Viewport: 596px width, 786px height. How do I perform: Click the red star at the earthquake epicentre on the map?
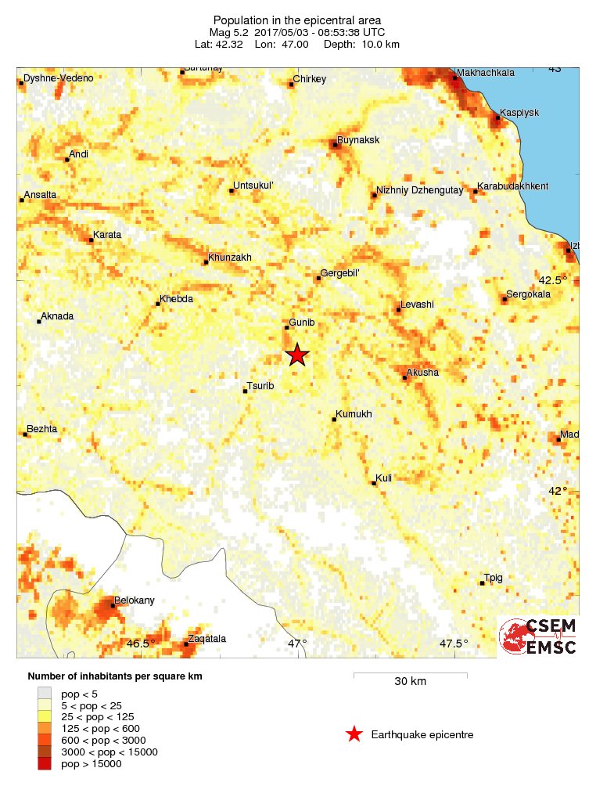pos(297,355)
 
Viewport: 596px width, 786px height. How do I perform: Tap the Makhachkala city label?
pos(486,73)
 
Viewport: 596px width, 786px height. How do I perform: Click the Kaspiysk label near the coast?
pos(519,113)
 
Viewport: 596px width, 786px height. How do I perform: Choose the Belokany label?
pos(135,600)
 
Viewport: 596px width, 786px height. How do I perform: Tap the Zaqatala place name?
pos(206,639)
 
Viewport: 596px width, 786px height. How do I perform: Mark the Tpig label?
pos(494,578)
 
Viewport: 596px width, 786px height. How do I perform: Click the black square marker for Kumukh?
pos(335,420)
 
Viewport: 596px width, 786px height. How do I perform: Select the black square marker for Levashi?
pos(399,309)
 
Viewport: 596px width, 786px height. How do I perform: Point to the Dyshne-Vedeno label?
pos(59,78)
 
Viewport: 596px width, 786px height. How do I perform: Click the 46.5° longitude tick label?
pos(142,644)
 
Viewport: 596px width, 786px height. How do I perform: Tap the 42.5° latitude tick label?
pos(553,280)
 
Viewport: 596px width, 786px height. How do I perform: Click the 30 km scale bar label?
pos(410,681)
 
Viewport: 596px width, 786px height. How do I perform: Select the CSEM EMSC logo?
pos(540,636)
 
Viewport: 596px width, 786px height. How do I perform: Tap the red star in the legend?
pos(354,734)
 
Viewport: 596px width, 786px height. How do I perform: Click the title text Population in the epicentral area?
pos(298,19)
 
